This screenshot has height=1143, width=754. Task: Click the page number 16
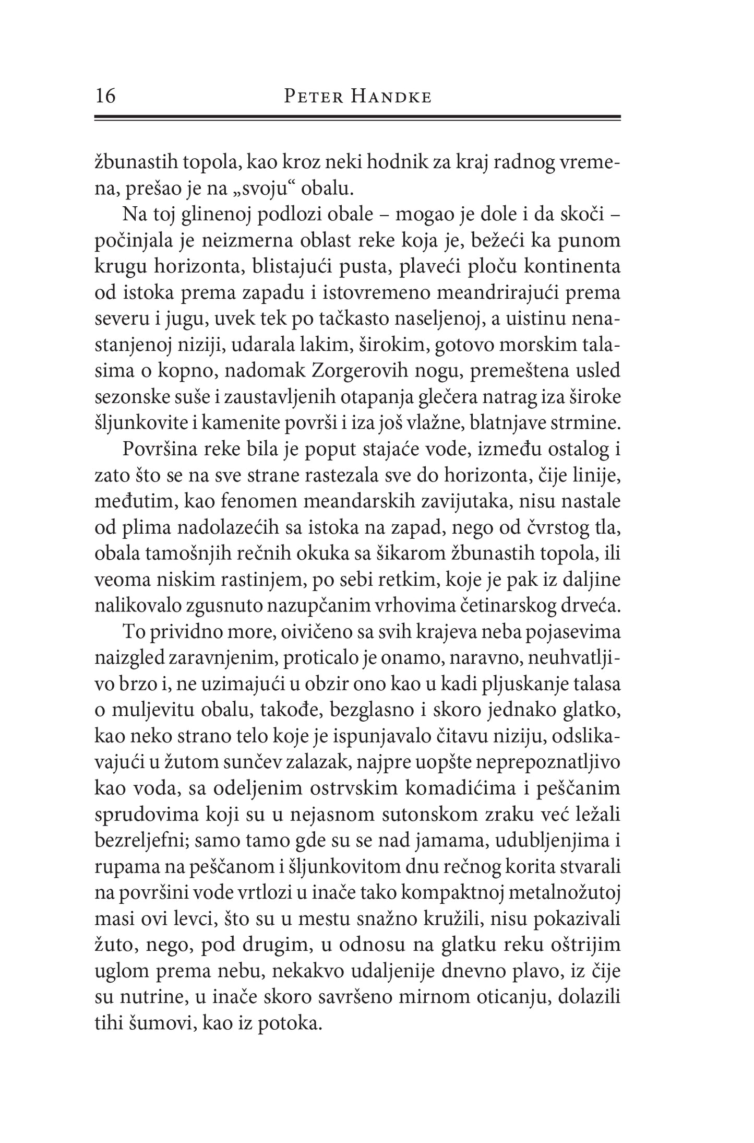(106, 97)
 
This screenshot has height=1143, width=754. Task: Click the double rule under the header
(357, 119)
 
